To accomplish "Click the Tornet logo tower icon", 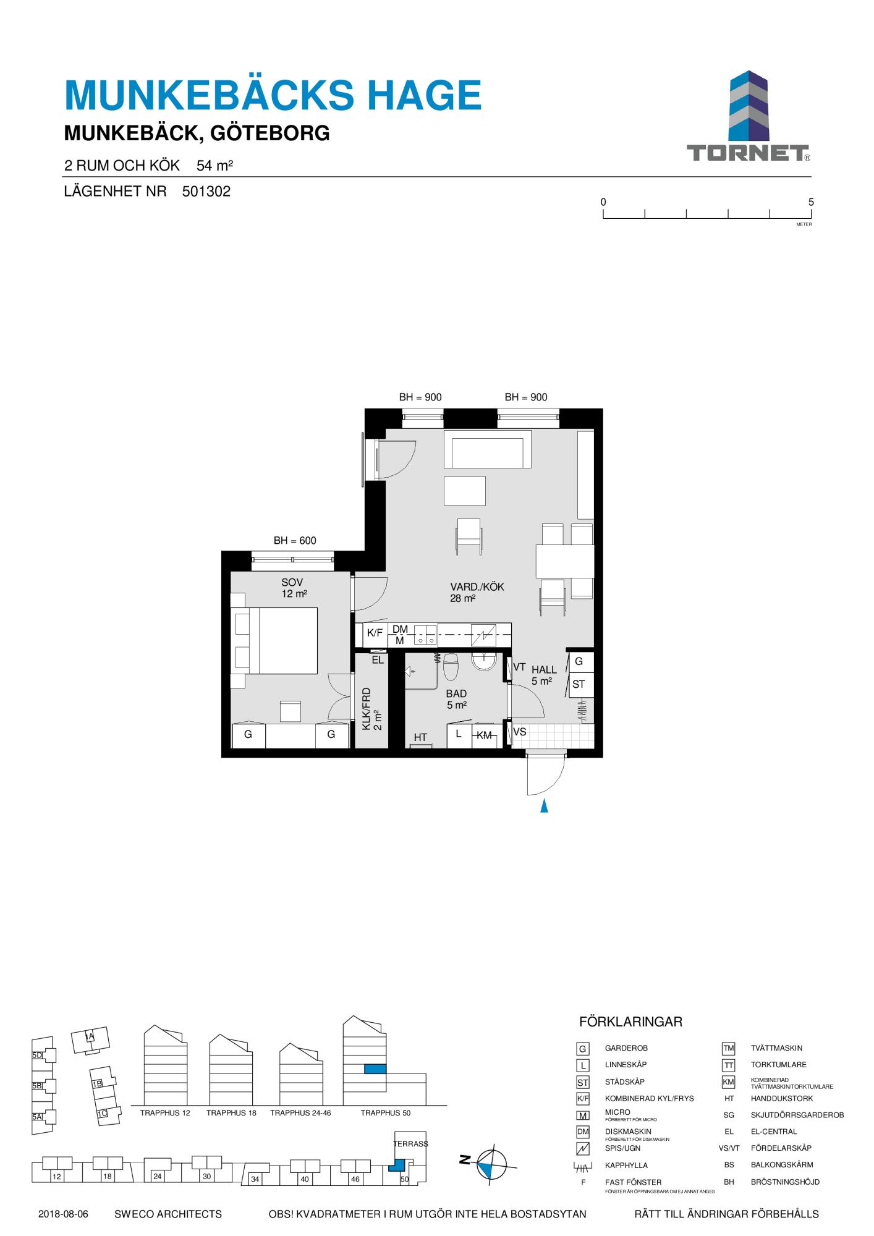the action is click(749, 106).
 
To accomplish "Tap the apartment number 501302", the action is click(206, 192).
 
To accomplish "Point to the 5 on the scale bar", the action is click(811, 202).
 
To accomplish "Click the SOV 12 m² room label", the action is click(294, 588).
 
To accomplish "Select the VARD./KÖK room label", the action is click(477, 587).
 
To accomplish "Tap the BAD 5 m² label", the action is click(456, 700).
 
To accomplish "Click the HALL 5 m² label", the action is click(543, 675).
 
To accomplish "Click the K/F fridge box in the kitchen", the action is click(375, 633).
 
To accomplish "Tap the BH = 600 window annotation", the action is click(295, 541).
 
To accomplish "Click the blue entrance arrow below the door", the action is click(544, 806).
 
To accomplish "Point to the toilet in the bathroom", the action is click(451, 666).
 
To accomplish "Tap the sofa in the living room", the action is click(488, 449).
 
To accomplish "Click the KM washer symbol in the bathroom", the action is click(485, 735).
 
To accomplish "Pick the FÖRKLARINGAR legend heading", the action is click(630, 1022).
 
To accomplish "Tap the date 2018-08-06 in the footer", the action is click(63, 1214).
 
